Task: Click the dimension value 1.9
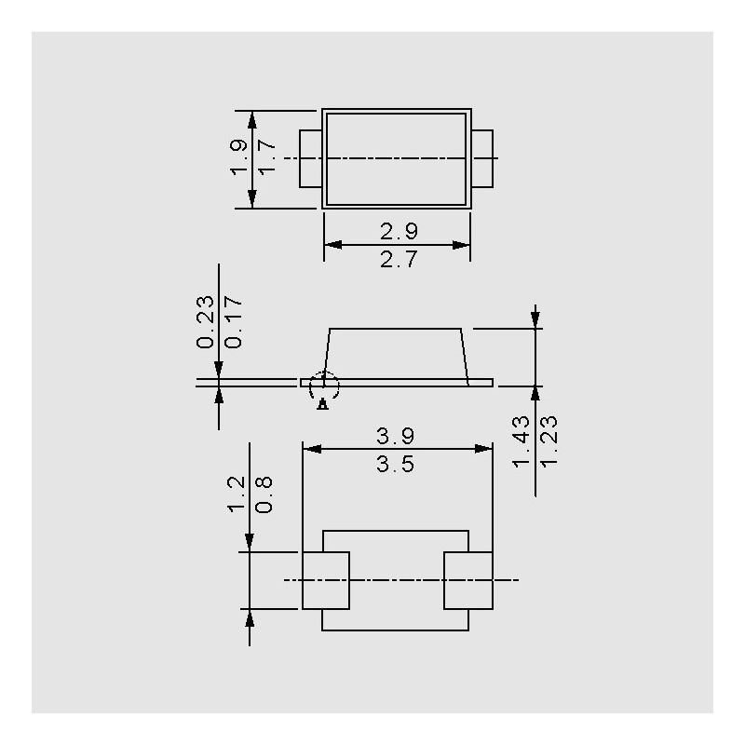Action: click(x=238, y=157)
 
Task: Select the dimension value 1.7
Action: click(x=266, y=157)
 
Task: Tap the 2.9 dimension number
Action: click(x=399, y=231)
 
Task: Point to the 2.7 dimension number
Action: click(x=399, y=260)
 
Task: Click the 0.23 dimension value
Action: click(x=205, y=322)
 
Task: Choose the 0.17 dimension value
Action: click(x=234, y=322)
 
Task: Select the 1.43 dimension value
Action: click(x=521, y=441)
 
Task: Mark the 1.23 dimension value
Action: click(x=549, y=441)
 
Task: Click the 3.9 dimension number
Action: click(x=395, y=436)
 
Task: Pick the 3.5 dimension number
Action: click(x=395, y=464)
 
